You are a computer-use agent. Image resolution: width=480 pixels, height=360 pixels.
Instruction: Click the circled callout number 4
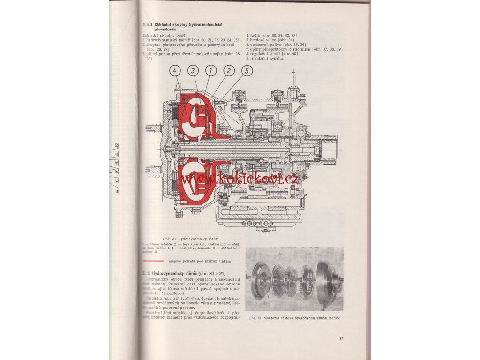(x=174, y=71)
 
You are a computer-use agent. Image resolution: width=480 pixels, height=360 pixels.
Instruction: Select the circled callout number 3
(x=193, y=71)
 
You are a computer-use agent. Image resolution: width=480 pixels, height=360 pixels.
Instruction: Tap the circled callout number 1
(x=211, y=71)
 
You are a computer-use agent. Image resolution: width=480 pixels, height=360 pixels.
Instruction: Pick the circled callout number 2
(x=229, y=71)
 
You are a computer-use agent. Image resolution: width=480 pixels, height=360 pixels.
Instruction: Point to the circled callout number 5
(x=247, y=71)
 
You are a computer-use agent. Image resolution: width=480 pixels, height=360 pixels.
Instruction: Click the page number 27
(x=341, y=338)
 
